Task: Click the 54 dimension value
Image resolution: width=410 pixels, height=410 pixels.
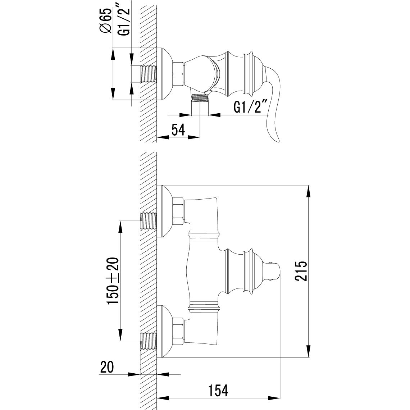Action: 178,129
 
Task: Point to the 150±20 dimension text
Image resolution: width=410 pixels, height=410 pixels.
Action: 114,281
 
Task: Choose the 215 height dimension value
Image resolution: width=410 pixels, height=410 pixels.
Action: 301,270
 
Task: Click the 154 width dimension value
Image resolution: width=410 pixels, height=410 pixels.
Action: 218,390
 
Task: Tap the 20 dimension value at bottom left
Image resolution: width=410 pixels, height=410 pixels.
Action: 107,367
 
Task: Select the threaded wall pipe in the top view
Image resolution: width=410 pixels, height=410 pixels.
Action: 149,74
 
